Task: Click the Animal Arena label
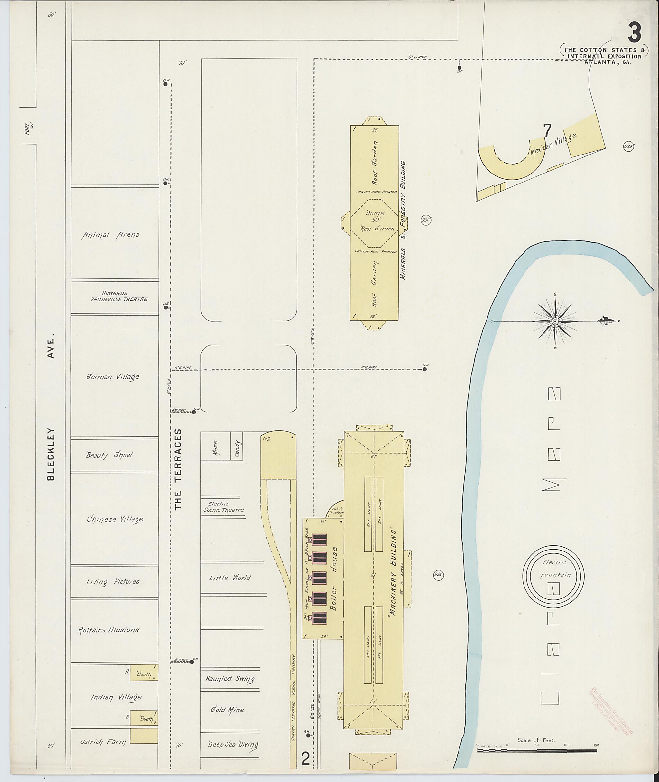pos(110,235)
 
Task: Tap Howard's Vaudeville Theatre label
pos(119,296)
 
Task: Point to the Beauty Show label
pos(109,455)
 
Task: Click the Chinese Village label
pos(115,519)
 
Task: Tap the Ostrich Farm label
pos(103,742)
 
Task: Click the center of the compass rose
pos(555,322)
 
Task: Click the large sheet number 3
pos(634,33)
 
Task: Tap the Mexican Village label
pos(553,146)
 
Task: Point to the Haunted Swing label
pos(229,678)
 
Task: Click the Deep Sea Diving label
pos(233,744)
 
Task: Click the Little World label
pos(230,578)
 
